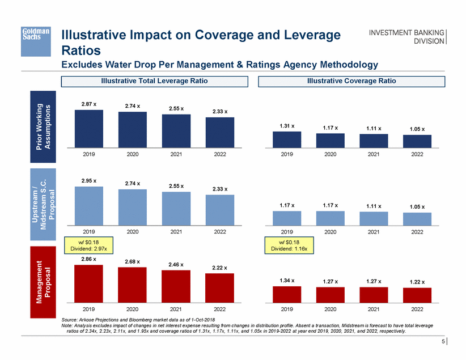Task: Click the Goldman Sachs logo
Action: click(36, 35)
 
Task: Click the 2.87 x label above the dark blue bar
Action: click(88, 104)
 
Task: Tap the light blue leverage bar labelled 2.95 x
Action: click(89, 204)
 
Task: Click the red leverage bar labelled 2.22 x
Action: click(219, 287)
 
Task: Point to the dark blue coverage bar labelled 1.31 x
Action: click(287, 139)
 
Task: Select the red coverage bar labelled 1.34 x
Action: click(287, 294)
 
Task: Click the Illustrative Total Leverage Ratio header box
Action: click(154, 81)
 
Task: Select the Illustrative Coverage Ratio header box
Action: click(351, 81)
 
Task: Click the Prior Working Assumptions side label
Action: click(43, 126)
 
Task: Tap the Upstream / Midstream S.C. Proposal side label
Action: click(43, 204)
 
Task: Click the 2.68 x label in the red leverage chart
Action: click(133, 262)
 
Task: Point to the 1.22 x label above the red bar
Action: click(417, 282)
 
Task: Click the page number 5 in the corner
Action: click(443, 342)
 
